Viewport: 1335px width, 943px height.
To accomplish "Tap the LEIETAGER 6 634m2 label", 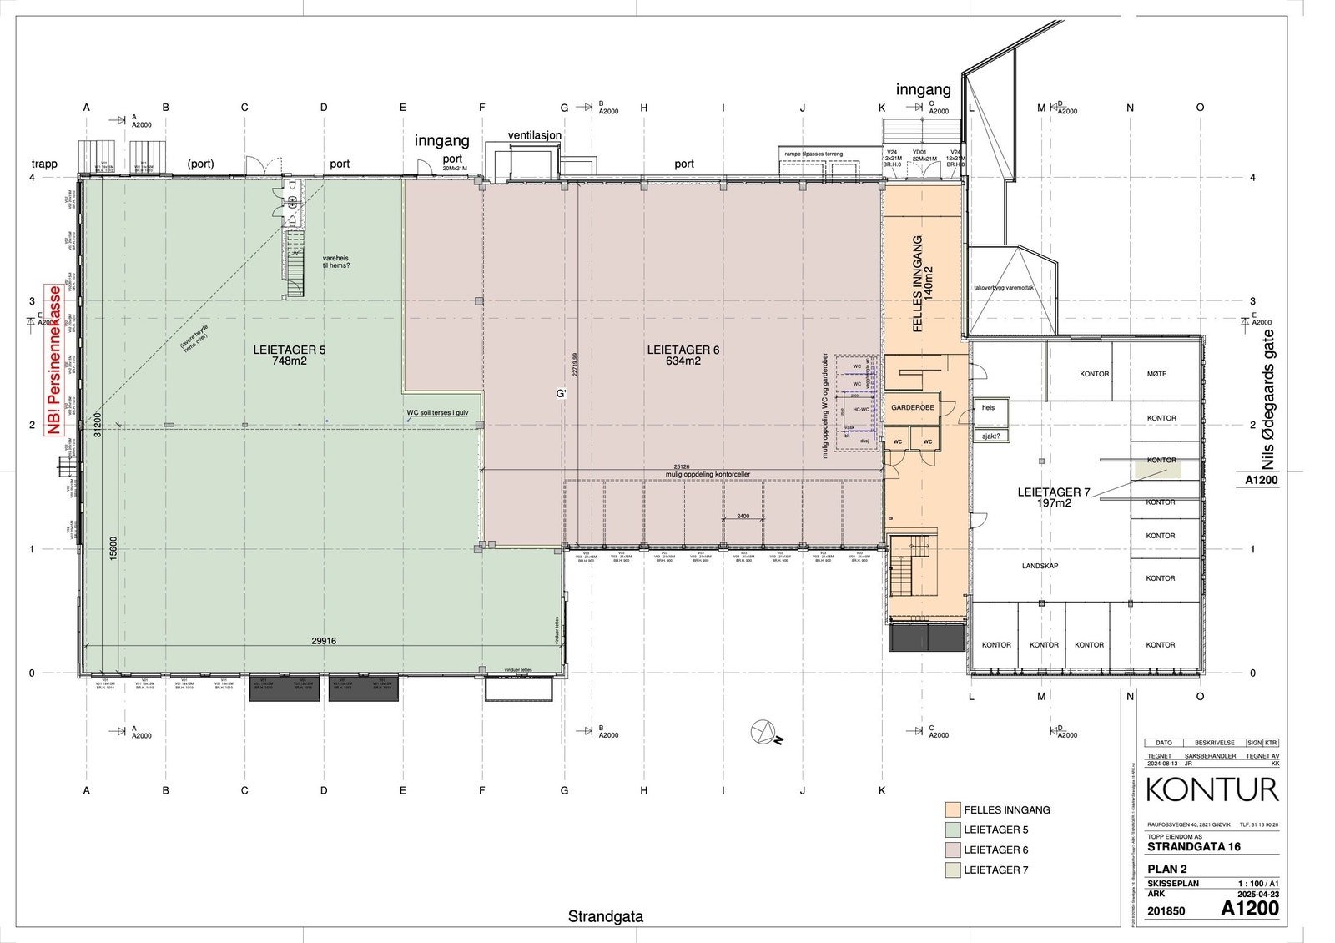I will click(683, 356).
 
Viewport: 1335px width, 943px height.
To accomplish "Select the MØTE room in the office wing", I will click(1156, 374).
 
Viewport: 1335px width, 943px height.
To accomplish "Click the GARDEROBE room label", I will click(913, 407).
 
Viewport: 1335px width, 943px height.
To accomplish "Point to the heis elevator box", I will click(990, 409).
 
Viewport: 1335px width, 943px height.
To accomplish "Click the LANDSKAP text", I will click(1040, 566).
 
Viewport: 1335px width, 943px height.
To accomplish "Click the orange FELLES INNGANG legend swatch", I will click(951, 809).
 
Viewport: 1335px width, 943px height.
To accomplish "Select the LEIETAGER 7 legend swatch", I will click(951, 870).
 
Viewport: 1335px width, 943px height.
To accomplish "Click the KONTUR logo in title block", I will click(1212, 789).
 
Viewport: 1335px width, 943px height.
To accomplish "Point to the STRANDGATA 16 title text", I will click(1194, 846).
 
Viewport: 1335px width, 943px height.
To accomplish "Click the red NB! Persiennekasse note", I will click(55, 360).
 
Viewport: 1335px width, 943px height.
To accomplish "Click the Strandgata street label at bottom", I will click(606, 916).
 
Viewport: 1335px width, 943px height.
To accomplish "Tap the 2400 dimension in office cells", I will click(743, 516).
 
